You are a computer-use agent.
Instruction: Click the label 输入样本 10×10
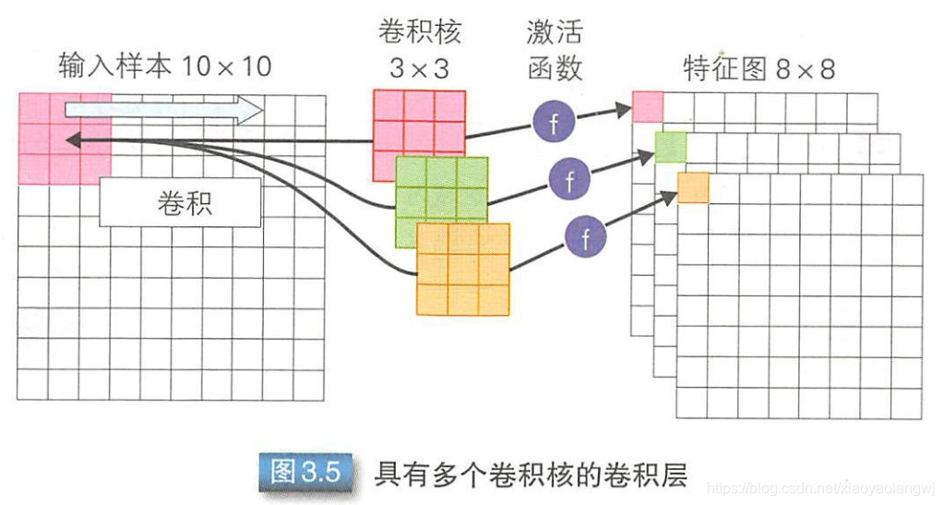pyautogui.click(x=164, y=66)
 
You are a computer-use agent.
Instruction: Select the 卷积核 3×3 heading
pyautogui.click(x=419, y=48)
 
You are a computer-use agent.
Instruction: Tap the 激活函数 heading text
pyautogui.click(x=554, y=48)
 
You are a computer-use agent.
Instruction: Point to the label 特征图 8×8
pyautogui.click(x=758, y=69)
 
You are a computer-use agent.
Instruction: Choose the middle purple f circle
pyautogui.click(x=569, y=179)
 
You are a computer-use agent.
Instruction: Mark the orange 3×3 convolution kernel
pyautogui.click(x=463, y=268)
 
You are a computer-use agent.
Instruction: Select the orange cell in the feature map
pyautogui.click(x=694, y=187)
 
